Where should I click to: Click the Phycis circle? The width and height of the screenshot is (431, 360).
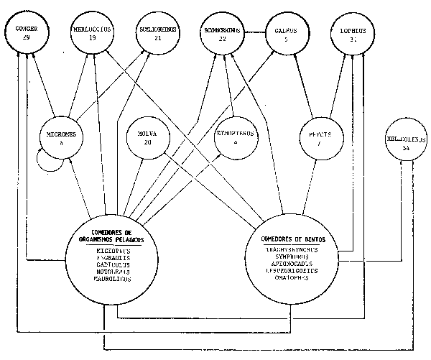tap(317, 137)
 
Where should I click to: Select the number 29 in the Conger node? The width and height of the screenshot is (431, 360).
tap(26, 38)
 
